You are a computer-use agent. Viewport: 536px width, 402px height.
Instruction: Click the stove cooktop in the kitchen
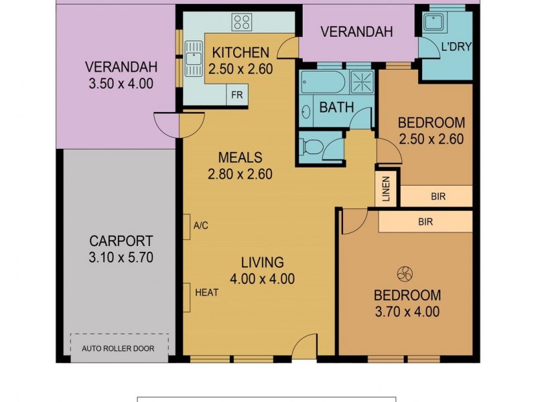point(241,21)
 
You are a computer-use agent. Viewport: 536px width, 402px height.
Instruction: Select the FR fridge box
point(237,94)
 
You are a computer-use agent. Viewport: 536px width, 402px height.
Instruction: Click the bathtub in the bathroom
point(322,82)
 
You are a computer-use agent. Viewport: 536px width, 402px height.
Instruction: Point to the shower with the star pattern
point(362,82)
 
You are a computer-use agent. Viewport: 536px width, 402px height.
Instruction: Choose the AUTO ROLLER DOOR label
point(118,348)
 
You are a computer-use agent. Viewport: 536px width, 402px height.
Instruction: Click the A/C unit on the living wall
point(187,226)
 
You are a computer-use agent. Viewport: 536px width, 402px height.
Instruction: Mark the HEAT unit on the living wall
point(187,292)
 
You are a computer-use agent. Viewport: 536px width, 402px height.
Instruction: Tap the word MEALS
point(239,158)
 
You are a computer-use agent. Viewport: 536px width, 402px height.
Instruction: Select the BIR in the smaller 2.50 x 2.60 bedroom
point(434,196)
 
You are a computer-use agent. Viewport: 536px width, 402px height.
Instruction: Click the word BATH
point(336,107)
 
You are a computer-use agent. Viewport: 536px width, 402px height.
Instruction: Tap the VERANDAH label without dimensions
point(356,31)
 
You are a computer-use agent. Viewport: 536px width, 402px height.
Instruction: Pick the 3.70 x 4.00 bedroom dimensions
point(407,312)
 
